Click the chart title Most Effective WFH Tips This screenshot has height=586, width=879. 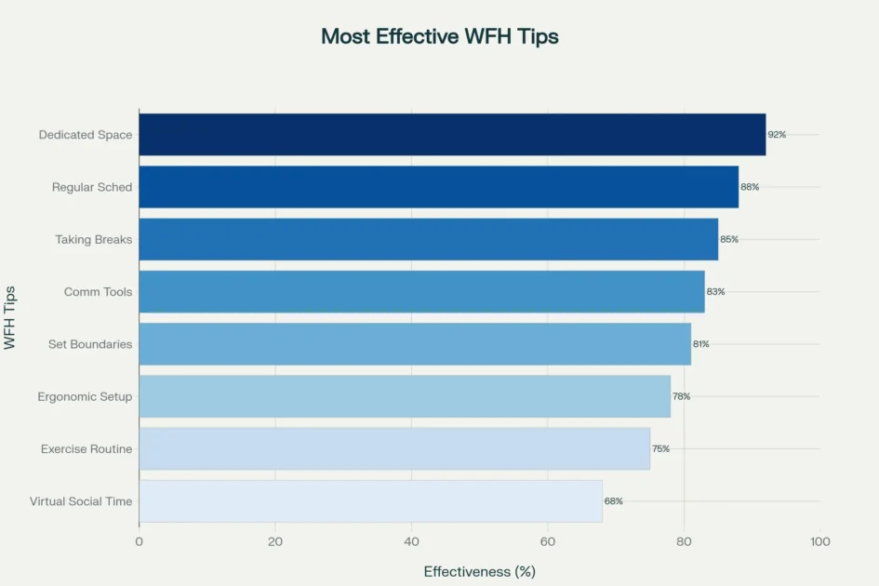point(439,36)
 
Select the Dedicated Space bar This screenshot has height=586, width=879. point(452,135)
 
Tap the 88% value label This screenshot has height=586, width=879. point(750,187)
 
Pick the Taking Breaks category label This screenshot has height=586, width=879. point(93,240)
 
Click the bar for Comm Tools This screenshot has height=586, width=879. point(421,292)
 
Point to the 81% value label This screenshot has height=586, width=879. point(700,344)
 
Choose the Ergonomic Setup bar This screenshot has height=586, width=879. point(405,397)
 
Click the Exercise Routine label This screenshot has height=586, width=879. point(87,449)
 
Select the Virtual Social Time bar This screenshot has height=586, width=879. point(370,501)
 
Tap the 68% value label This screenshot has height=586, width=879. point(614,501)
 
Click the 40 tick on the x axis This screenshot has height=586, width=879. point(411,541)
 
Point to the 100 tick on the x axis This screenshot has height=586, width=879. point(820,541)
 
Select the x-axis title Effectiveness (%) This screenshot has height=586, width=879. point(479,571)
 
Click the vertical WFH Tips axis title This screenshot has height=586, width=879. point(10,318)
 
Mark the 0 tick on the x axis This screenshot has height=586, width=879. point(140,541)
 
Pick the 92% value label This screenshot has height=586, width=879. point(777,135)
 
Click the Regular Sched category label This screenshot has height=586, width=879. point(92,188)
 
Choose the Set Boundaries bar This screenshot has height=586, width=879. point(415,344)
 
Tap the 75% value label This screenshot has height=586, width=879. point(660,449)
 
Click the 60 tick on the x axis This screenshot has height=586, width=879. point(548,541)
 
